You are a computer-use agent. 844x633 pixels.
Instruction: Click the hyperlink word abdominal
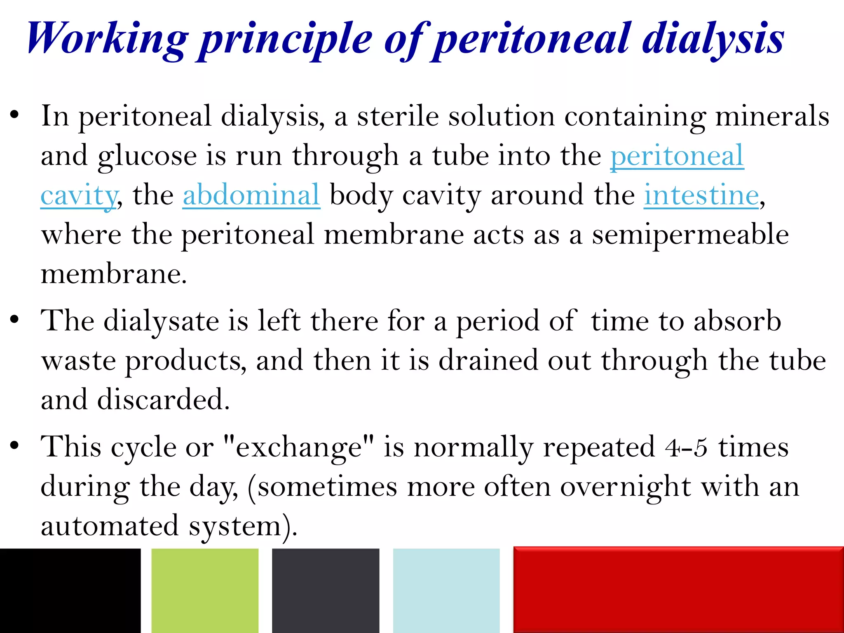(x=251, y=195)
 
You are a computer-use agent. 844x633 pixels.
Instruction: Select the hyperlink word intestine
(x=701, y=195)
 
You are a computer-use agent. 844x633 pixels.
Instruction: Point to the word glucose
(x=147, y=157)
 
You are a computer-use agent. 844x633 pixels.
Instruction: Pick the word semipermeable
(x=690, y=235)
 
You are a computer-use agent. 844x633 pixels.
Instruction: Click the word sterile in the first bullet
(x=398, y=117)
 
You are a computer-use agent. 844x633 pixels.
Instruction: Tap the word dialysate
(x=161, y=321)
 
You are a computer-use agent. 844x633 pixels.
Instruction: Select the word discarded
(x=163, y=400)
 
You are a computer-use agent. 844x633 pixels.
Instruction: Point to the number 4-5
(x=686, y=448)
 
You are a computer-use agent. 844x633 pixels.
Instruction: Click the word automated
(x=110, y=526)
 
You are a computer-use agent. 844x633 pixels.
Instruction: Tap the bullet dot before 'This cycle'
(x=15, y=446)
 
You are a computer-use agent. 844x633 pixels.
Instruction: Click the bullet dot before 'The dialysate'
(x=15, y=320)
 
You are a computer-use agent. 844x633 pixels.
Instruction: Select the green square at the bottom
(x=205, y=590)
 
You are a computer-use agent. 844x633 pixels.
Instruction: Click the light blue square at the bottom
(x=446, y=590)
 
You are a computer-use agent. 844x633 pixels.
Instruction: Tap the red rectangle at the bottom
(x=678, y=589)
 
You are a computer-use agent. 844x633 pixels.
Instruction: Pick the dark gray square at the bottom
(x=326, y=590)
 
